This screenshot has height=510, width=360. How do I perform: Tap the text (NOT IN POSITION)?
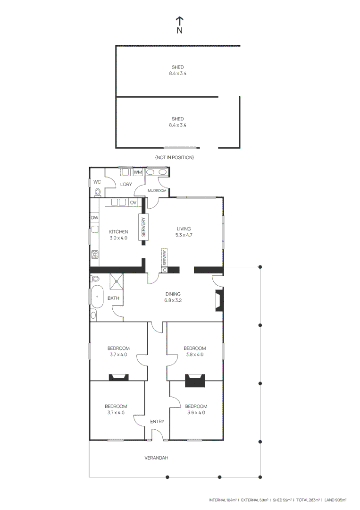[174, 157]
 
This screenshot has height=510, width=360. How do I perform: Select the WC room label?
[97, 182]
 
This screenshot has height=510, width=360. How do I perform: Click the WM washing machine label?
[137, 172]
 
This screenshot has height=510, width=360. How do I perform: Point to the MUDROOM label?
[157, 190]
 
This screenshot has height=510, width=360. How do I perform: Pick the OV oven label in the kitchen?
[133, 203]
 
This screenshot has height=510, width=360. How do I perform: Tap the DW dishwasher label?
[94, 218]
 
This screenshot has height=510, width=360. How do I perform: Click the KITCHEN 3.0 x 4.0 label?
[118, 235]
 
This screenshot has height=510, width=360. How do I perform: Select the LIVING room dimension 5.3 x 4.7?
[184, 235]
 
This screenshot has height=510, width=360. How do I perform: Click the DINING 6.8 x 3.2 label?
[173, 297]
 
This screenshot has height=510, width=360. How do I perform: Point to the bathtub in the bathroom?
[97, 296]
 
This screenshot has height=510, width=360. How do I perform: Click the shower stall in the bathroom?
[117, 281]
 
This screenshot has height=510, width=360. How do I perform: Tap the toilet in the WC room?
[98, 192]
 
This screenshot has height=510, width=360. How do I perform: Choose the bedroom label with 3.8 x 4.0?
[194, 351]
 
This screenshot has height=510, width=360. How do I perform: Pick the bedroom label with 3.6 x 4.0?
[196, 409]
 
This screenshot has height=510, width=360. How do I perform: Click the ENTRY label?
[157, 421]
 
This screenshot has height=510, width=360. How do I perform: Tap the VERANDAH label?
[156, 458]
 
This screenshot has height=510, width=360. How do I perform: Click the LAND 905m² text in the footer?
[335, 500]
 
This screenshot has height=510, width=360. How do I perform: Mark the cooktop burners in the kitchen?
[94, 255]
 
